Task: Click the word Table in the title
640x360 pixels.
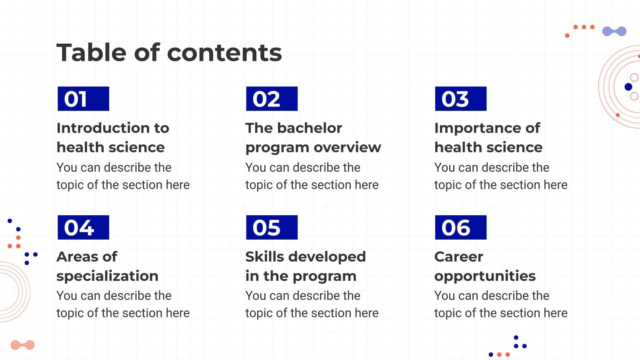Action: [x=91, y=53]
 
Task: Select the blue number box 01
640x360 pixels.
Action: [x=83, y=99]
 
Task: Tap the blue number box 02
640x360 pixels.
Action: [x=272, y=99]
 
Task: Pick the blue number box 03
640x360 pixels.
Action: [x=460, y=99]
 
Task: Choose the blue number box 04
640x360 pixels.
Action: [x=83, y=227]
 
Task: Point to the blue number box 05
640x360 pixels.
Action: [x=272, y=227]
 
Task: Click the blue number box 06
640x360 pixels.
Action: [x=460, y=227]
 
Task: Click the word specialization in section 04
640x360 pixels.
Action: [x=107, y=276]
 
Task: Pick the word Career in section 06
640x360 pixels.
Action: [x=458, y=257]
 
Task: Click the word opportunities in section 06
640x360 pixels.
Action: [x=485, y=276]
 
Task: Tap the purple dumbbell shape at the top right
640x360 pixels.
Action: [x=614, y=31]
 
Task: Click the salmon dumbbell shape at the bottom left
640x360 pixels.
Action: [x=22, y=345]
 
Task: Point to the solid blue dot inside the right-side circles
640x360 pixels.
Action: [x=628, y=87]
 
